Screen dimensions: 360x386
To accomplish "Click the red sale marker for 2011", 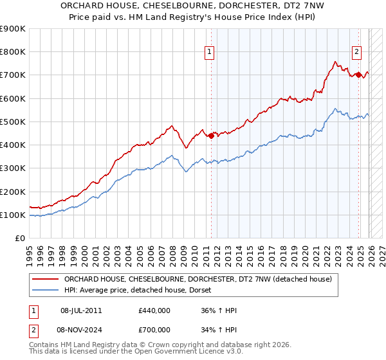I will (x=211, y=136).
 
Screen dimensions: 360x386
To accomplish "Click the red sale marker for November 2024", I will (x=358, y=75).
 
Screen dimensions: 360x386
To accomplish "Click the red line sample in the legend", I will (x=45, y=279).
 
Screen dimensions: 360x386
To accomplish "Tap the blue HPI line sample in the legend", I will (x=45, y=291).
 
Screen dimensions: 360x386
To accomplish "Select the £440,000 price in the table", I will (x=154, y=310).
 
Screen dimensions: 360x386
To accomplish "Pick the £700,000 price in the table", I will (x=154, y=330).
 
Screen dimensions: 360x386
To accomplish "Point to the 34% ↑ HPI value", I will (x=219, y=330).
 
